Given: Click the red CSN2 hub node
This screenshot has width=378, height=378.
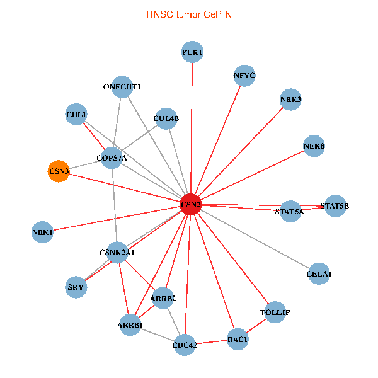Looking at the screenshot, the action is [x=190, y=205].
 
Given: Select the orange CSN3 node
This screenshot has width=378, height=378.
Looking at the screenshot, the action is [x=59, y=171].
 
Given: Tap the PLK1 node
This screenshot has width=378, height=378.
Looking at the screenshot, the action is [x=192, y=52].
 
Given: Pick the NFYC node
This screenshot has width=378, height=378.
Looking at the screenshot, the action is [x=244, y=76].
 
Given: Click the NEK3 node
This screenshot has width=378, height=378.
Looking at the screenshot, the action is [x=290, y=100].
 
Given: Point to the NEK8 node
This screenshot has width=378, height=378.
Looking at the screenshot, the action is [x=314, y=147].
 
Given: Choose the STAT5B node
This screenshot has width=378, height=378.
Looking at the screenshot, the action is [x=335, y=206].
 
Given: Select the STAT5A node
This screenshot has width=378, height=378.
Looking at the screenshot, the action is [x=289, y=212].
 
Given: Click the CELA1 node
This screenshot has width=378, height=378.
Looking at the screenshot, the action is [x=319, y=274].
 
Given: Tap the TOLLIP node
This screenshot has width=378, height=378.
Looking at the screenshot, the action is [x=275, y=312].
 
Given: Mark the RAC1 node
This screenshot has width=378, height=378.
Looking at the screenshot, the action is [x=238, y=339].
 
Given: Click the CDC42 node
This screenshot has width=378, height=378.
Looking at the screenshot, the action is [x=185, y=345].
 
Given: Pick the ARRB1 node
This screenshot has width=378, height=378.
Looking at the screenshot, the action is [x=130, y=325].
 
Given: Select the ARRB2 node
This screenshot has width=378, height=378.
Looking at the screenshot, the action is [x=163, y=298].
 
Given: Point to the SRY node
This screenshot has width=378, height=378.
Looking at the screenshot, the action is [x=76, y=288].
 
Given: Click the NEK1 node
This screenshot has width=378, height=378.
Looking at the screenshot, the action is [x=42, y=232].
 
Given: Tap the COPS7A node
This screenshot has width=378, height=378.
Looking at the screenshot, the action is [x=112, y=158].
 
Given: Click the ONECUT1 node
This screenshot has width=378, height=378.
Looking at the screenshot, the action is [x=122, y=87].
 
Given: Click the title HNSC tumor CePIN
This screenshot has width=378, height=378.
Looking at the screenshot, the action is [x=188, y=14].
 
